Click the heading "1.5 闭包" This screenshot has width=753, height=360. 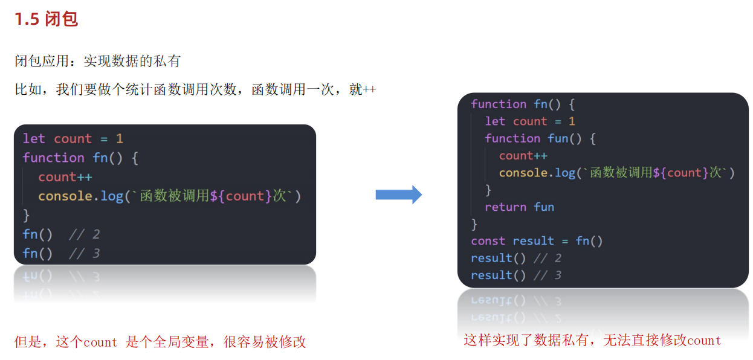pyautogui.click(x=46, y=19)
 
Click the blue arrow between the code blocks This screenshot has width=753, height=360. pyautogui.click(x=399, y=194)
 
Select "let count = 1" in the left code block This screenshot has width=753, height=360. pyautogui.click(x=73, y=139)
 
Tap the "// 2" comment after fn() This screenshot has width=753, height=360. pyautogui.click(x=84, y=234)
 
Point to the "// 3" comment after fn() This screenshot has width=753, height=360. pyautogui.click(x=84, y=254)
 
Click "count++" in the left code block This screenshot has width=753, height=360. pyautogui.click(x=65, y=177)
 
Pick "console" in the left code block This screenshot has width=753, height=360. pyautogui.click(x=63, y=196)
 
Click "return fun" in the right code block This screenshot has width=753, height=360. pyautogui.click(x=519, y=207)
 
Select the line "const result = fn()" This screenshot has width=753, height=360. pyautogui.click(x=537, y=241)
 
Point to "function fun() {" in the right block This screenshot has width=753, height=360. pyautogui.click(x=540, y=138)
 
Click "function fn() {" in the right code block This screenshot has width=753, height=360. pyautogui.click(x=523, y=104)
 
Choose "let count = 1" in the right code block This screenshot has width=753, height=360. pyautogui.click(x=529, y=121)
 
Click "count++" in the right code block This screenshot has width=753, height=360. pyautogui.click(x=523, y=156)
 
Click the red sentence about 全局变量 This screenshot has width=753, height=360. pyautogui.click(x=160, y=342)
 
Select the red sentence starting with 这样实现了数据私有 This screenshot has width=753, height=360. pyautogui.click(x=592, y=340)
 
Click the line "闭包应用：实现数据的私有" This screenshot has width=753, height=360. pyautogui.click(x=97, y=61)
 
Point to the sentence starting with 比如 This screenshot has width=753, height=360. pyautogui.click(x=195, y=90)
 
